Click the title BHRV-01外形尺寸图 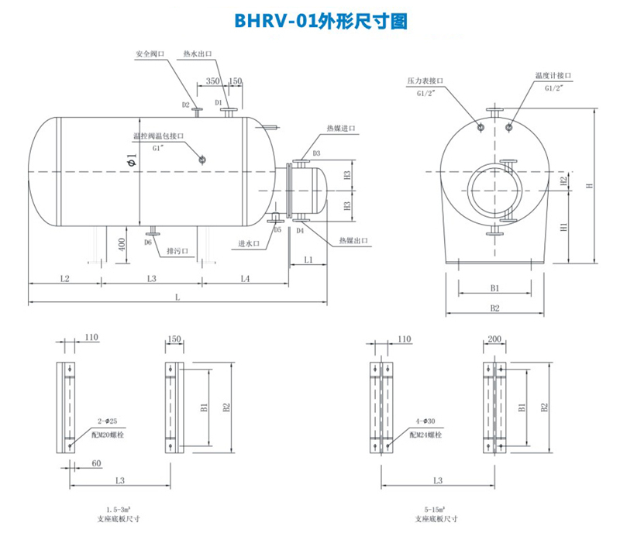point(310,22)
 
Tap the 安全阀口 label point(150,55)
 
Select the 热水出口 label point(198,55)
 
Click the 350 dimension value point(213,81)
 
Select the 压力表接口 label point(424,81)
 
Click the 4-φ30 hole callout point(423,422)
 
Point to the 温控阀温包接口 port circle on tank point(202,160)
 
